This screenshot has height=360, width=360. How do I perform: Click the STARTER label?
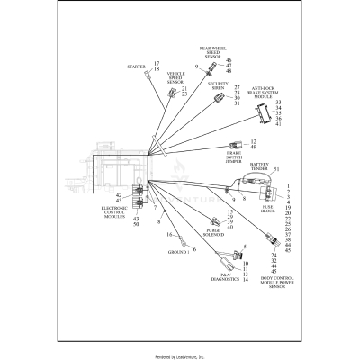click(140, 67)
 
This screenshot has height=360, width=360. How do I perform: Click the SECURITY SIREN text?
click(218, 85)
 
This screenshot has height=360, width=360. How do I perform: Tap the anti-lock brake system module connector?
click(262, 113)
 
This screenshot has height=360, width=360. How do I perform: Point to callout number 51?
click(276, 169)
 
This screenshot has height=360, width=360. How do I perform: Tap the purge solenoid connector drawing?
click(212, 221)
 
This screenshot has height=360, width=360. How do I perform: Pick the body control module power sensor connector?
click(273, 238)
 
